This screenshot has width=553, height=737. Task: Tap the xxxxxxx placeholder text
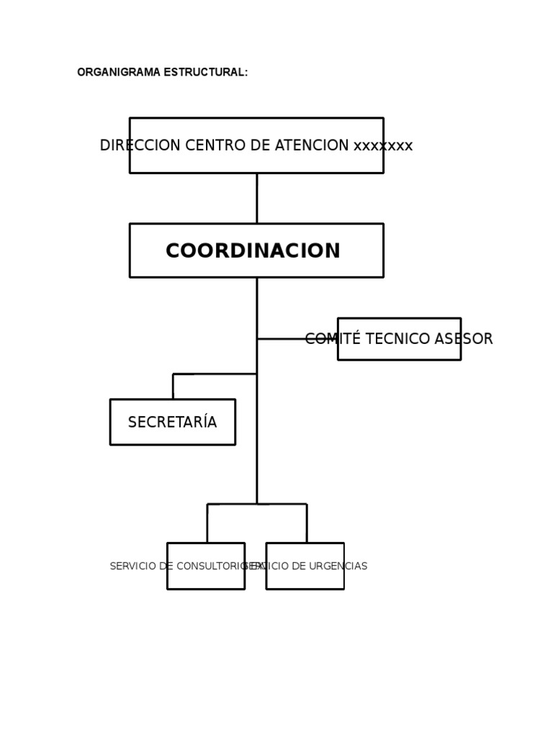[x=383, y=145]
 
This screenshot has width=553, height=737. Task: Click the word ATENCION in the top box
[x=312, y=145]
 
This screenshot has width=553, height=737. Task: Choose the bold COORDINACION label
[x=253, y=251]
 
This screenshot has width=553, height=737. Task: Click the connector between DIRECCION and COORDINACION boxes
[x=256, y=198]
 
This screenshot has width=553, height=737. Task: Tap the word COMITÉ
[x=331, y=339]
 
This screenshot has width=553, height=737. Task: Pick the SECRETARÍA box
[x=173, y=422]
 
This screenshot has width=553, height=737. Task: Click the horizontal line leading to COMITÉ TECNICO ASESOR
[x=281, y=338]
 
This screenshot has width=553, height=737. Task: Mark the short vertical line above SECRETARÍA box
[x=173, y=386]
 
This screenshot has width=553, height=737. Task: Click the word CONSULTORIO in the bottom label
[x=213, y=566]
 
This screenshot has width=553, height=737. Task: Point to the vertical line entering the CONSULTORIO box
[x=207, y=523]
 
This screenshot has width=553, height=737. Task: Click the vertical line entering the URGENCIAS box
[x=307, y=523]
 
